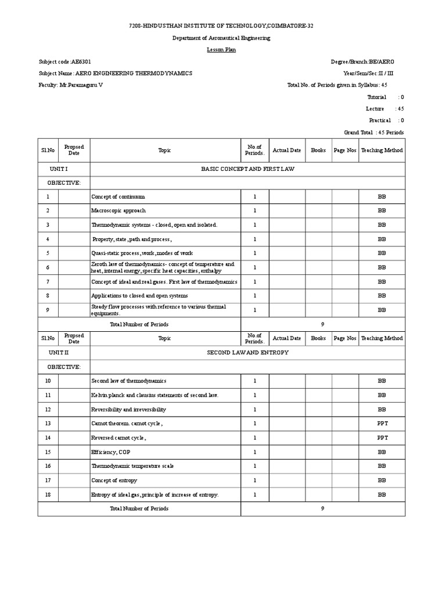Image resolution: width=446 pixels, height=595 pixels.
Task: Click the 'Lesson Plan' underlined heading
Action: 221,50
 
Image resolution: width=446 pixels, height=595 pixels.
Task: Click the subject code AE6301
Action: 81,62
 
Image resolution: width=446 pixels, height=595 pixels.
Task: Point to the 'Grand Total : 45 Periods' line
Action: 373,132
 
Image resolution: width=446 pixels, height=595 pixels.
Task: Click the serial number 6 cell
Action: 48,267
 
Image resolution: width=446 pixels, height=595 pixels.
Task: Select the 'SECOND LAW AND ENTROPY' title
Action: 247,353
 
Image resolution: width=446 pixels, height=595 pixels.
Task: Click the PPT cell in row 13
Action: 382,424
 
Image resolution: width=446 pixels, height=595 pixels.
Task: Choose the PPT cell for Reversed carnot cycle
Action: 382,438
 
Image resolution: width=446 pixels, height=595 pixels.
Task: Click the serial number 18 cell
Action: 48,494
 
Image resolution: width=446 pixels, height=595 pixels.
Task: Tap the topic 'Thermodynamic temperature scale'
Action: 132,466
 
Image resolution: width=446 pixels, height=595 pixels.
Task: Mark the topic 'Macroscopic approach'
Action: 118,211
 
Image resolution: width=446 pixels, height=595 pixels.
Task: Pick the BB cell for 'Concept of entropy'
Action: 382,481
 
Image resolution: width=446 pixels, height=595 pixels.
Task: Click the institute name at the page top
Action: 221,27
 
